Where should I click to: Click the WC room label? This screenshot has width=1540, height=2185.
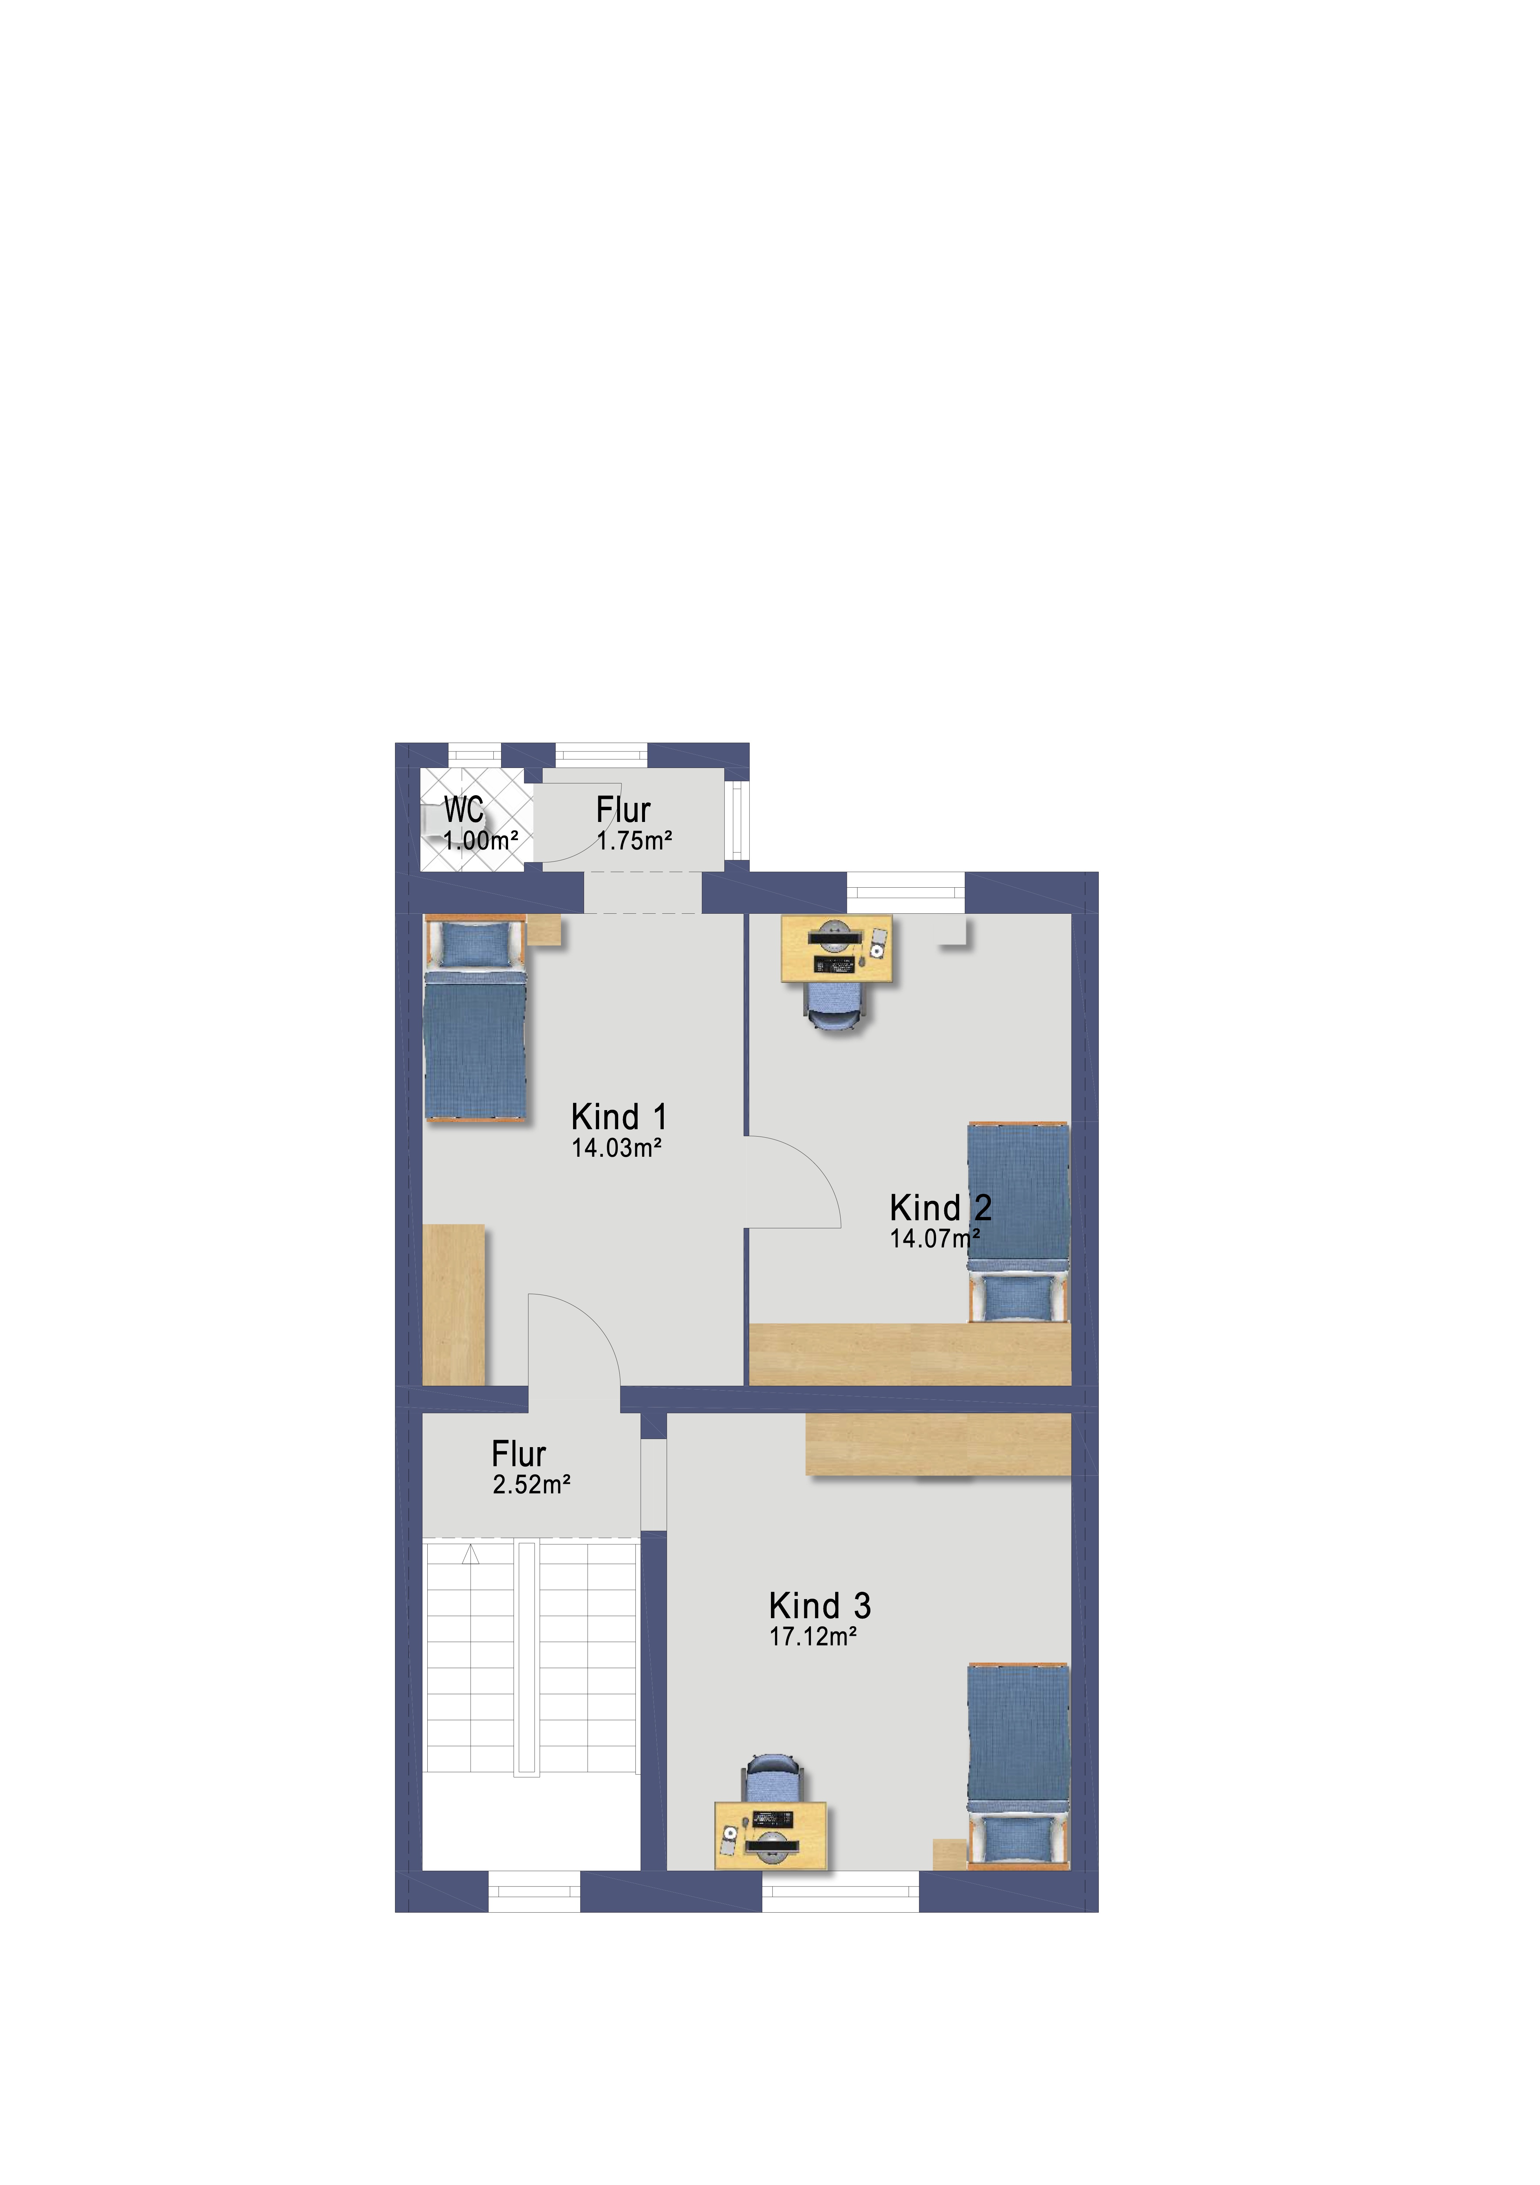click(x=464, y=810)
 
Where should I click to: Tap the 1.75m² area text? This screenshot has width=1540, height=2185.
click(x=635, y=840)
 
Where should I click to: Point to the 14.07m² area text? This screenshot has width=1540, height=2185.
click(x=935, y=1238)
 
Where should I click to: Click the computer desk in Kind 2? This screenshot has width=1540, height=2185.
click(x=837, y=949)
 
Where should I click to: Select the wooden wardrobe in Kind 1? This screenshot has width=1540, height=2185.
click(x=454, y=1305)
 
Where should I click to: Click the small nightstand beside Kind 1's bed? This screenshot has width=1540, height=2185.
click(x=543, y=930)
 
